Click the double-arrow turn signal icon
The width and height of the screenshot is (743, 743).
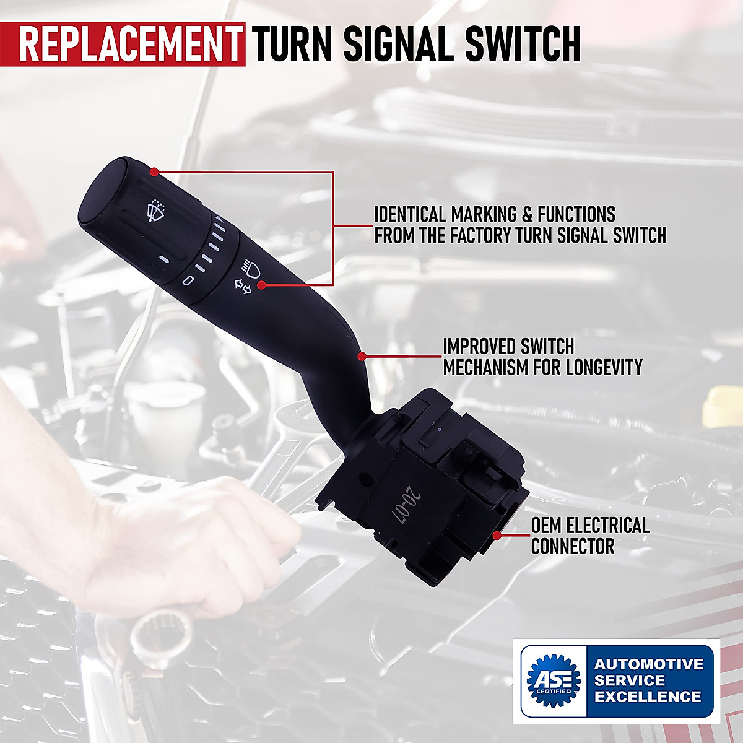[242, 285]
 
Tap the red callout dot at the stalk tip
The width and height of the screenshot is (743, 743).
[154, 172]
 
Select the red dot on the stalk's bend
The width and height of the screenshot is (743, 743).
[362, 356]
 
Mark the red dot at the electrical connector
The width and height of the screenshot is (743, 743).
[497, 534]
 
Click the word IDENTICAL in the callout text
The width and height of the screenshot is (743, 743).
[410, 215]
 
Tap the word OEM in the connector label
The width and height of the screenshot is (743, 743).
[546, 526]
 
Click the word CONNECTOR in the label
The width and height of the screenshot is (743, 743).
[573, 547]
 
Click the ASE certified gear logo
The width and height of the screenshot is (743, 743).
[552, 680]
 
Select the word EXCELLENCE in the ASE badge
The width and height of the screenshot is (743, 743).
[648, 697]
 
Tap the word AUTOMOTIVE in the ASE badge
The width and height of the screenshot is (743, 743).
[649, 664]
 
